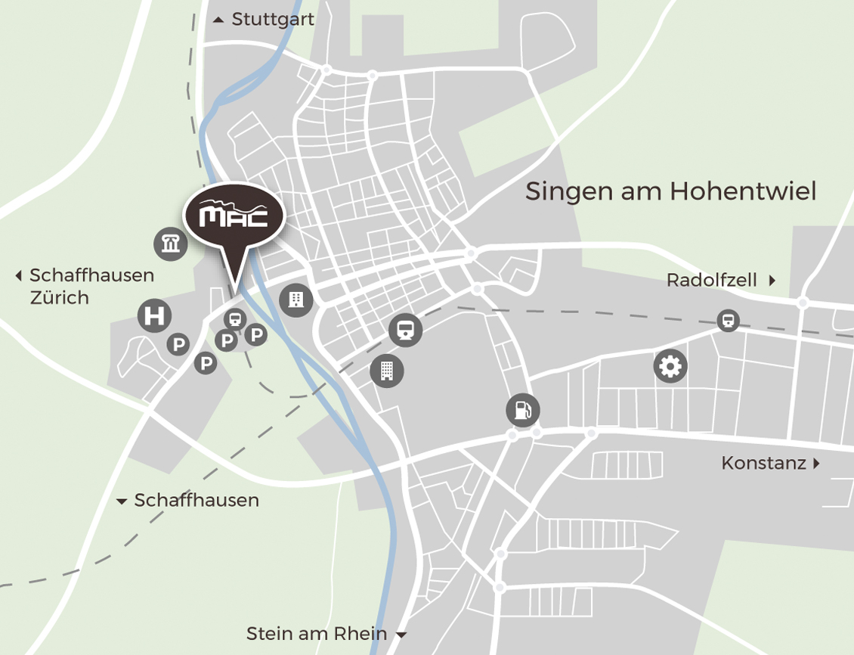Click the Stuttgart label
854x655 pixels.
click(273, 20)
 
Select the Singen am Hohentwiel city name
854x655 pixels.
click(670, 191)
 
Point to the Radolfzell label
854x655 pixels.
click(711, 281)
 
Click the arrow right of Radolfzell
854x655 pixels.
click(772, 281)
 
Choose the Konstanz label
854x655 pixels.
click(763, 463)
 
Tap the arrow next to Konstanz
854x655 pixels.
click(816, 463)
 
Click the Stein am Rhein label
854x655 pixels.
click(317, 634)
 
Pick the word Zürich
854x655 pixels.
click(60, 298)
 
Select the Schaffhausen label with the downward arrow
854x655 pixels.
click(196, 501)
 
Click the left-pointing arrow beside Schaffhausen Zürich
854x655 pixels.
click(19, 276)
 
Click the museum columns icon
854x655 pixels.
click(170, 244)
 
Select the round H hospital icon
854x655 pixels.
click(154, 315)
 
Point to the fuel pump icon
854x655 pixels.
click(522, 411)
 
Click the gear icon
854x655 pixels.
click(670, 367)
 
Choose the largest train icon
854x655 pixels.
click(405, 330)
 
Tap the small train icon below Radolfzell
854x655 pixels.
click(728, 321)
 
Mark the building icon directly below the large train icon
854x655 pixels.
click(387, 371)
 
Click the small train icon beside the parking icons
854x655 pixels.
click(235, 320)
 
